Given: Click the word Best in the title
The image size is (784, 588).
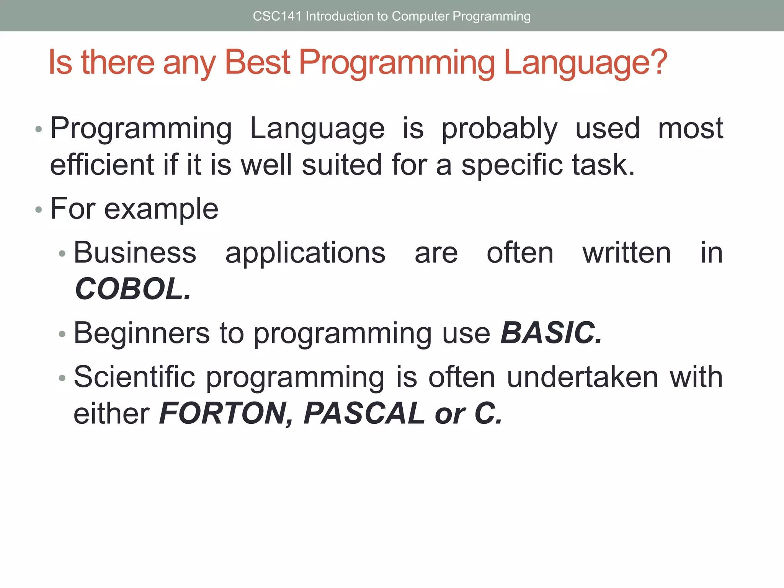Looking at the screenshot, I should tap(257, 62).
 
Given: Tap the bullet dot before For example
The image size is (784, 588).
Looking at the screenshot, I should tap(38, 210).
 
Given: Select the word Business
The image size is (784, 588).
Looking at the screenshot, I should tap(135, 253).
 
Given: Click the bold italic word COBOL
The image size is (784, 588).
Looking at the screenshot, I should tap(132, 289).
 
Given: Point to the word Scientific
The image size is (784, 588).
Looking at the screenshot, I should tap(134, 377).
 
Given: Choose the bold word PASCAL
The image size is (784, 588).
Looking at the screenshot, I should tap(364, 413).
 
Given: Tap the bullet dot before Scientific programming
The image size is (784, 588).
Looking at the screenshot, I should tap(62, 378).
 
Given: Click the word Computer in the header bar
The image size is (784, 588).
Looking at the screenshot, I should tap(420, 16).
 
